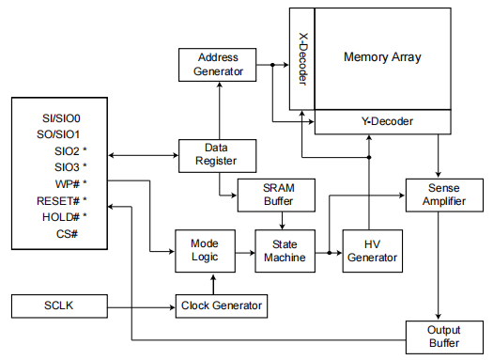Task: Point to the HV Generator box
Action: click(371, 250)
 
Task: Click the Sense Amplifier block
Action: click(440, 196)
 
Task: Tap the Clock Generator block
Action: click(220, 305)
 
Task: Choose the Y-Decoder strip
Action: click(387, 121)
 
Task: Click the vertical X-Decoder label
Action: click(302, 61)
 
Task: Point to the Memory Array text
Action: click(382, 57)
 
